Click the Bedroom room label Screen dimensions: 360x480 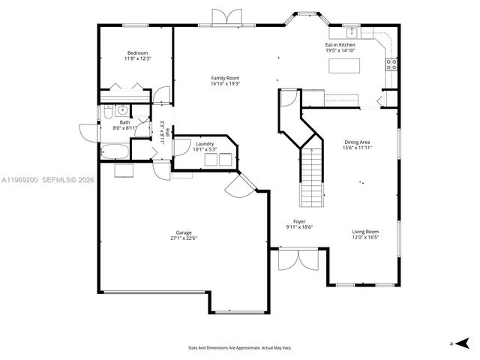point(137,52)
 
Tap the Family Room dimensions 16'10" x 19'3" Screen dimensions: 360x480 point(224,84)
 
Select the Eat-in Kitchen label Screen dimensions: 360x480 point(340,45)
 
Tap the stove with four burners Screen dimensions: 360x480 point(391,64)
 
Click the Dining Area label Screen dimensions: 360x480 point(358,142)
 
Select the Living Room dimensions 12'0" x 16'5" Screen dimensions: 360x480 point(365,238)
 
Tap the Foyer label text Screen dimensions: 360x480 point(299,221)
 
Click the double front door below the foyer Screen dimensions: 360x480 point(298,260)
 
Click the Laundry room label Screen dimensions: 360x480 point(205,143)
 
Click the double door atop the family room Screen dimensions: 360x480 point(225,18)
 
